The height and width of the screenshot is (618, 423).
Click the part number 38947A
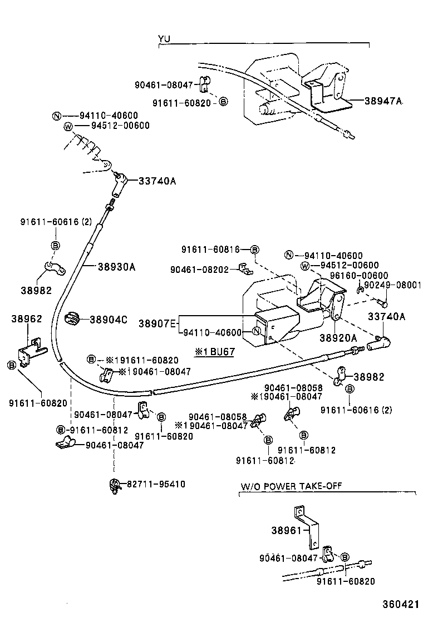pos(383,101)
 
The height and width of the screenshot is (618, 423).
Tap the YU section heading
pos(164,38)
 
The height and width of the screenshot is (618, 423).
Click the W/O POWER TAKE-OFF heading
pos(291,486)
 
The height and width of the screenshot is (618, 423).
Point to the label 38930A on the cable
pos(116,267)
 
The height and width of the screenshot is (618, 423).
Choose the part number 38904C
pos(109,320)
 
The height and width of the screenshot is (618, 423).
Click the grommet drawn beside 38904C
pos(73,319)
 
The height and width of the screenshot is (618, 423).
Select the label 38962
pos(23,319)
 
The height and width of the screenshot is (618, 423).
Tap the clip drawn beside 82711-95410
pos(115,485)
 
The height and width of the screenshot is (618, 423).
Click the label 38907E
pos(157,323)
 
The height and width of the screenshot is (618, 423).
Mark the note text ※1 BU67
pos(214,352)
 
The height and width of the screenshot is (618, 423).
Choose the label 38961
pos(286,531)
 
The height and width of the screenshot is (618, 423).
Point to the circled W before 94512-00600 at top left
pos(68,126)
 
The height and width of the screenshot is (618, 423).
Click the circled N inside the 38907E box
pos(257,332)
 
